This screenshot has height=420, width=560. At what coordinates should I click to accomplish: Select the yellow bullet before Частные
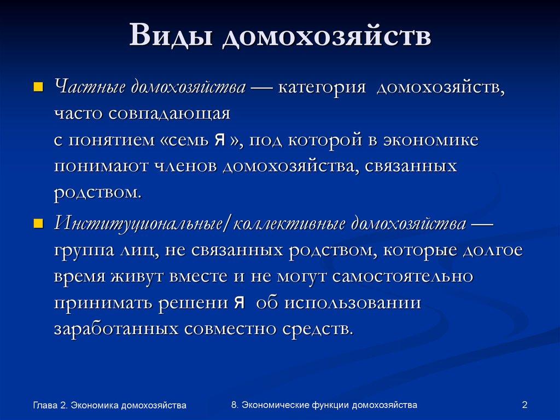pos(38,87)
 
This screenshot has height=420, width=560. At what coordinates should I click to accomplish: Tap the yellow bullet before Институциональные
pos(38,224)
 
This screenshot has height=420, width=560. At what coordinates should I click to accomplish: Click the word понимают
pos(100,166)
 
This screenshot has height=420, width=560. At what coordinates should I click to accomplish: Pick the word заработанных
pos(115,329)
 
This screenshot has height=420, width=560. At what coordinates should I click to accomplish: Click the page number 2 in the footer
pos(524,405)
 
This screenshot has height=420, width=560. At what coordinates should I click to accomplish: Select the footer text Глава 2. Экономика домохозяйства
pos(109,405)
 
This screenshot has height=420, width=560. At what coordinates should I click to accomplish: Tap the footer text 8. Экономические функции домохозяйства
pos(324,405)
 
